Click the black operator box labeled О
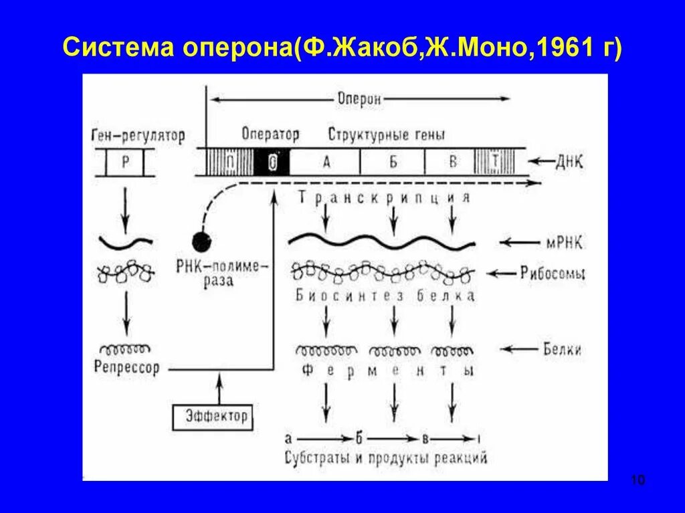tap(272, 163)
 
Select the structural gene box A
tap(326, 163)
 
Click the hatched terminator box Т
tap(494, 163)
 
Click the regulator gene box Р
tap(125, 163)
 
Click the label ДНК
tap(569, 163)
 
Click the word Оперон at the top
tap(359, 99)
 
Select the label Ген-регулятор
tap(136, 135)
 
